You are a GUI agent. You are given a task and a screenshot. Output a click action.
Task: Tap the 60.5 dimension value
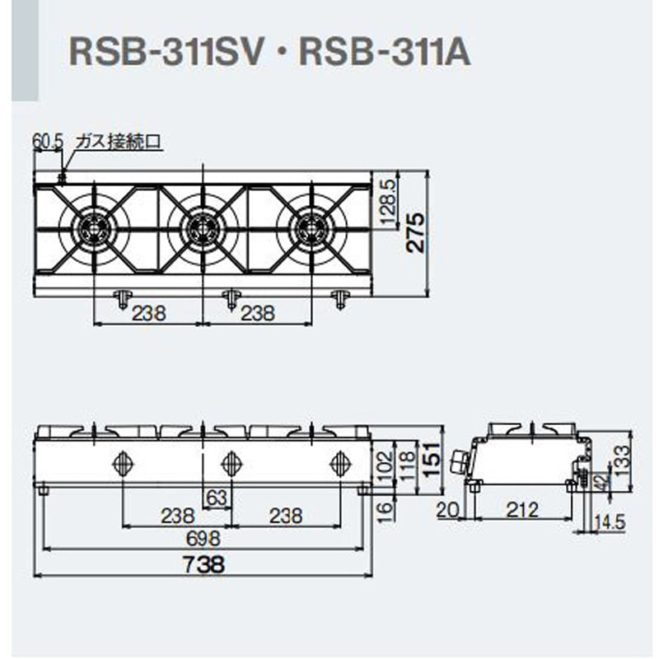point(48,142)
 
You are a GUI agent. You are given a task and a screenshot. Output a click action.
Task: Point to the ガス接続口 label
point(117,142)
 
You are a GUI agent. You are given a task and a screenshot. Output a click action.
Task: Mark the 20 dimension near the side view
point(446,512)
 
